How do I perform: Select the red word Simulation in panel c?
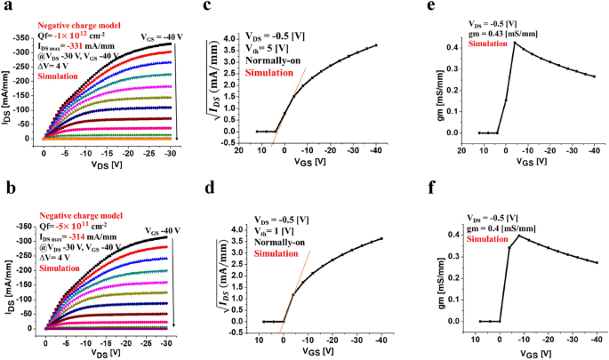pos(268,72)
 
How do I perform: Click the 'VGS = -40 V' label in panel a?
pos(162,36)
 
